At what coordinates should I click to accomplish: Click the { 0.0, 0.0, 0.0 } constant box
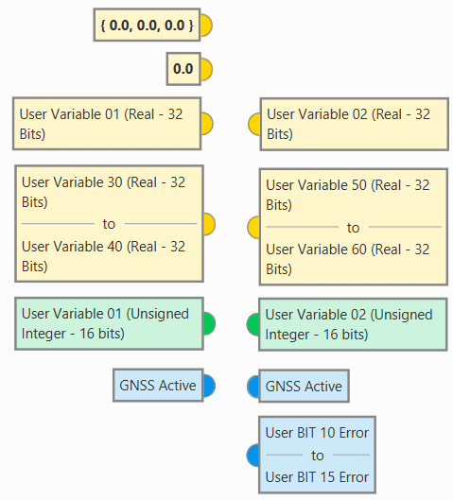click(147, 25)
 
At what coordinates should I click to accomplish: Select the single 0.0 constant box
click(183, 69)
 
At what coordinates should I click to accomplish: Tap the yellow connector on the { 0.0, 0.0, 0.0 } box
click(206, 26)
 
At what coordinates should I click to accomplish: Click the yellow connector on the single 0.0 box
click(206, 69)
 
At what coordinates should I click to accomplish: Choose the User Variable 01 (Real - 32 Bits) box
click(107, 124)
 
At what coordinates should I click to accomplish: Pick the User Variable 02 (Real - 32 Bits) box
click(354, 125)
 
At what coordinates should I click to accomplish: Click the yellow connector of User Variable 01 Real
click(207, 124)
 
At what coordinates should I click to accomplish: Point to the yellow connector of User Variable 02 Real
click(254, 125)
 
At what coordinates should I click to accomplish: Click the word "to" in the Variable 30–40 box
click(109, 224)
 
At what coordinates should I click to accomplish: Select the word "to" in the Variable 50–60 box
click(353, 228)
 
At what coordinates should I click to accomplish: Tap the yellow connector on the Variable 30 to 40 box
click(209, 224)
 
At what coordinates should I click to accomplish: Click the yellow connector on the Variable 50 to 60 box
click(253, 228)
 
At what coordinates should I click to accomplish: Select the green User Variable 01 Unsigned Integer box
click(109, 323)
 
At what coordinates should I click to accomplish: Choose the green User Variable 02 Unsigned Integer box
click(353, 324)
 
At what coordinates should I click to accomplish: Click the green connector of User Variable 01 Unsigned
click(209, 323)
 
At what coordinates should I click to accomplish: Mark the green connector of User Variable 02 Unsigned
click(253, 324)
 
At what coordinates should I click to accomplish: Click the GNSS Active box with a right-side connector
click(158, 386)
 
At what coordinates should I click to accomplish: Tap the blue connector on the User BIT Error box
click(253, 455)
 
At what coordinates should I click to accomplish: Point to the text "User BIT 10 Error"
click(317, 433)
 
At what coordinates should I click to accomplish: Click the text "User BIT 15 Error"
click(317, 477)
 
